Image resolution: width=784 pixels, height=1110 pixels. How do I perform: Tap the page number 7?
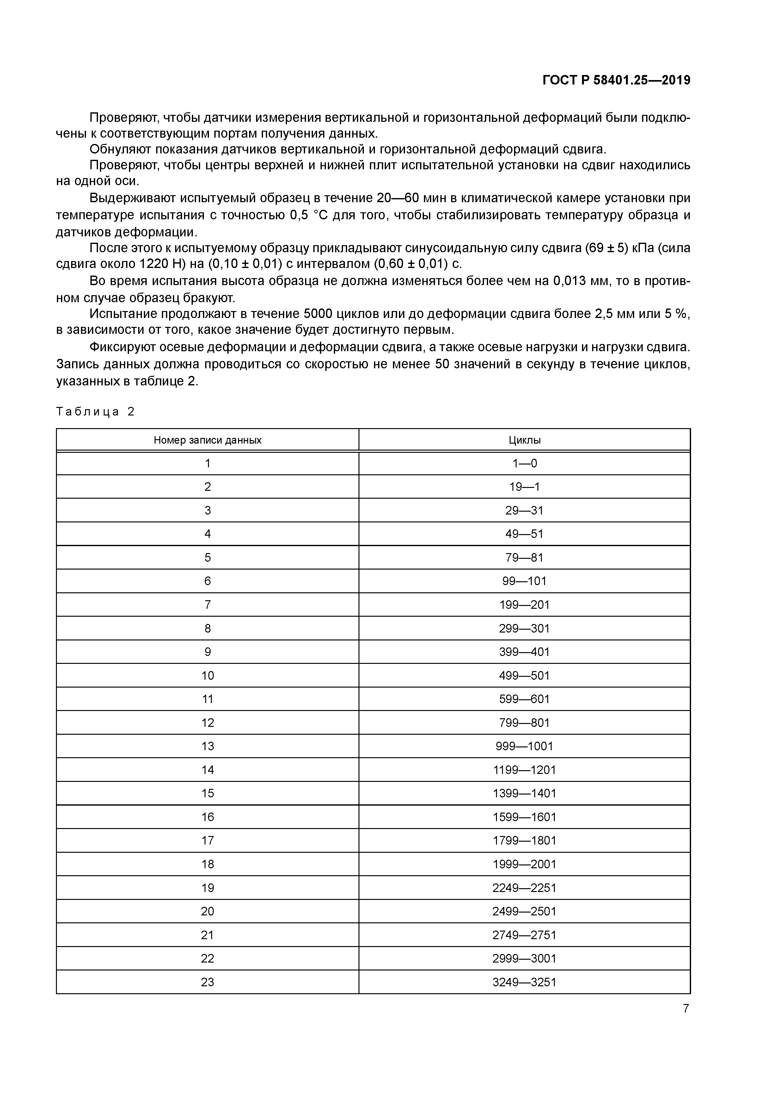pyautogui.click(x=685, y=1008)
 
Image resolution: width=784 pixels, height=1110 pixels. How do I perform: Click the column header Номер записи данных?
pyautogui.click(x=207, y=440)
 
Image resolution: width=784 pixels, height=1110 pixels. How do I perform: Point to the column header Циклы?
pyautogui.click(x=524, y=440)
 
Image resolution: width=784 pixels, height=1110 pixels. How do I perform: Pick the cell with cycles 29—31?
pyautogui.click(x=524, y=510)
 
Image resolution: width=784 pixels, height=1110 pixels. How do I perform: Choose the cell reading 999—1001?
pyautogui.click(x=524, y=746)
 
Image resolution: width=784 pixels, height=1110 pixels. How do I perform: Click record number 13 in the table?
pyautogui.click(x=207, y=746)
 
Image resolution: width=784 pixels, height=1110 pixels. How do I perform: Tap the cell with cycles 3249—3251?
pyautogui.click(x=524, y=982)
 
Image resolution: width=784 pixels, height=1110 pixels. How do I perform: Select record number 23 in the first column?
pyautogui.click(x=207, y=982)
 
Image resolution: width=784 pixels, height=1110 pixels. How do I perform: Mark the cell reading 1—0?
pyautogui.click(x=524, y=463)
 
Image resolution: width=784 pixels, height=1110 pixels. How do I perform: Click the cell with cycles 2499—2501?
pyautogui.click(x=524, y=911)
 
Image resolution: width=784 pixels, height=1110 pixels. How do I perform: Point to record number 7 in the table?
pyautogui.click(x=207, y=604)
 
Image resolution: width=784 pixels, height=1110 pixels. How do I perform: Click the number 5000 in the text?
pyautogui.click(x=318, y=314)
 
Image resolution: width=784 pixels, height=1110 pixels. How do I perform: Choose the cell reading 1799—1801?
pyautogui.click(x=524, y=840)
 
